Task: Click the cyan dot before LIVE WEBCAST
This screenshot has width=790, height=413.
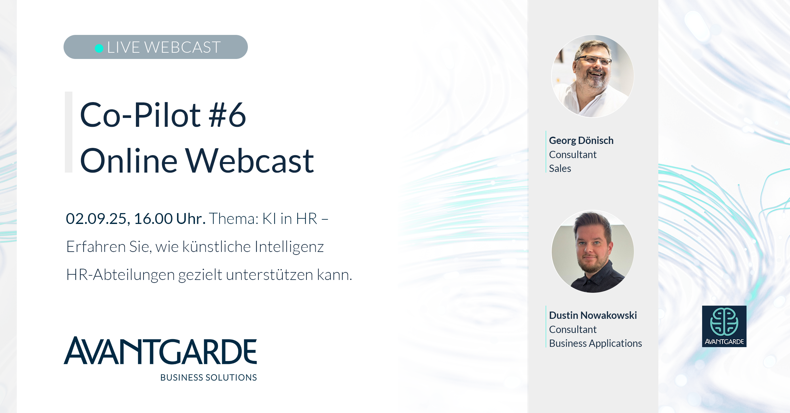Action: (x=99, y=48)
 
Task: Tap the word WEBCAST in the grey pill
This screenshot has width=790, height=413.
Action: (x=183, y=47)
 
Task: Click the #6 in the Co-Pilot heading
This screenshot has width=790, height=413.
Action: (x=227, y=115)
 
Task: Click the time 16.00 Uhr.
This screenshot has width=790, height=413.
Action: (x=170, y=219)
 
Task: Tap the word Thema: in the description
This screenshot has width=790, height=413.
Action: (x=234, y=219)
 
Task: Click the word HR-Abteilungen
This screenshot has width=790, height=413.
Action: (x=120, y=275)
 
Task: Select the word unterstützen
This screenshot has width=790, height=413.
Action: (x=270, y=275)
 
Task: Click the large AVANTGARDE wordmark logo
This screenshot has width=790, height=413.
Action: (x=160, y=350)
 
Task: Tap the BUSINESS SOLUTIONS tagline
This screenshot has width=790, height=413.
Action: (x=209, y=377)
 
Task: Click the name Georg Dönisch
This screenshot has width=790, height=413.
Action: (x=581, y=141)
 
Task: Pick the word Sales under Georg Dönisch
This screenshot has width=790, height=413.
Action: (x=560, y=169)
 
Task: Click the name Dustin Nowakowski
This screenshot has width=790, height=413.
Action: (x=593, y=315)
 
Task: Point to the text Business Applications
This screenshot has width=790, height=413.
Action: (x=595, y=344)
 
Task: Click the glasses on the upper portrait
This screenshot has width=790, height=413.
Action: (x=594, y=60)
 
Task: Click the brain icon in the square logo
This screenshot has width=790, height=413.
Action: (x=724, y=321)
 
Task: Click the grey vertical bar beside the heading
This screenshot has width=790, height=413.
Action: (x=68, y=132)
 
